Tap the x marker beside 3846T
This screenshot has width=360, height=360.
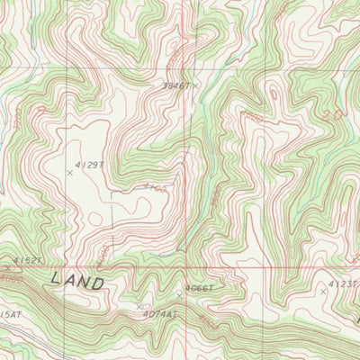pos(195,85)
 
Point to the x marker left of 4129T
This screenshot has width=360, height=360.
pos(70,171)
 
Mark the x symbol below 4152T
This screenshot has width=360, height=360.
pos(8,267)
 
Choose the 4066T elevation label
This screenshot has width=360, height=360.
pos(200,288)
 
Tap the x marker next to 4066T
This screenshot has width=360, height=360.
pos(179,294)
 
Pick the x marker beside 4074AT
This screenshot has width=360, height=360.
pos(139,307)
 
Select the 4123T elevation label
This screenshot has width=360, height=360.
pos(343,283)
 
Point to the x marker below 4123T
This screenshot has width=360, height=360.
pos(323,292)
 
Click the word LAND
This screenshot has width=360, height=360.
pos(77,281)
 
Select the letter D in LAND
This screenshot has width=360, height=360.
pos(98,283)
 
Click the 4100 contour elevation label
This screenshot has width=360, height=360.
pos(155,188)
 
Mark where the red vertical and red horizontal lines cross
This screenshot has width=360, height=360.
pos(185,267)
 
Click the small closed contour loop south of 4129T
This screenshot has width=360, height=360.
pos(95,219)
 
